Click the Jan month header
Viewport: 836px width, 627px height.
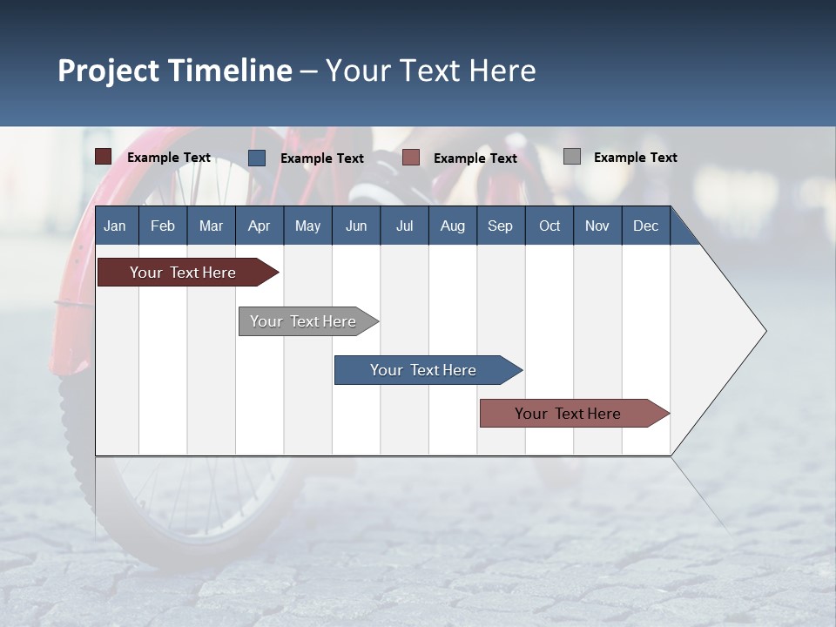pos(115,226)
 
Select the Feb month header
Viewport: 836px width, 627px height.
pos(163,226)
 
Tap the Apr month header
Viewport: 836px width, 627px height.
pos(259,226)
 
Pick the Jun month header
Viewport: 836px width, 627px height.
pos(355,226)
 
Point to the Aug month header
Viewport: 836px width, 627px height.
pos(452,226)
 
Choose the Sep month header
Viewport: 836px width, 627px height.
pos(500,226)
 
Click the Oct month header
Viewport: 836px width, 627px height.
pos(549,226)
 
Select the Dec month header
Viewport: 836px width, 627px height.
pos(645,226)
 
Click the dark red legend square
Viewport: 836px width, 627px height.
pos(104,157)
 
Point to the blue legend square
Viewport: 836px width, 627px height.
pos(257,158)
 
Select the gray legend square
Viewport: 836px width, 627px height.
pos(572,157)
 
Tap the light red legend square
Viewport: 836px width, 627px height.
pos(411,158)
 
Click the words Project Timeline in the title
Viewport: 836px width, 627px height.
pos(175,71)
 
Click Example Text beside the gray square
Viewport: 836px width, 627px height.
pos(635,158)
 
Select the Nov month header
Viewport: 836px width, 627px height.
pos(597,226)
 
